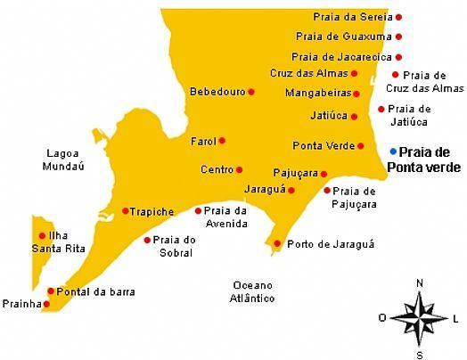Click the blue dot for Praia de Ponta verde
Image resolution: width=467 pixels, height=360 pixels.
393,152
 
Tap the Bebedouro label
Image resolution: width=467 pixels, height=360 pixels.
217,92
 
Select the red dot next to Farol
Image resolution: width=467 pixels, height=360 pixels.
222,140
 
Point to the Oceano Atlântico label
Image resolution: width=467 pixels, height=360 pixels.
250,291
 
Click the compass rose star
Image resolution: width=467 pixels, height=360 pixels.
419,316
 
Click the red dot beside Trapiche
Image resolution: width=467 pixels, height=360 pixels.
126,211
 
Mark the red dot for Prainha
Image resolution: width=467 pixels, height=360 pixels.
46,304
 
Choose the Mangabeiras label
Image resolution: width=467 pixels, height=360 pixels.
317,93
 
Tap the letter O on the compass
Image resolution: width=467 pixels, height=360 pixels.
381,317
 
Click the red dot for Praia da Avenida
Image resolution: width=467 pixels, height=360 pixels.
198,211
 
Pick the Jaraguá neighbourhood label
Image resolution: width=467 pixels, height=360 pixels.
265,189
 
